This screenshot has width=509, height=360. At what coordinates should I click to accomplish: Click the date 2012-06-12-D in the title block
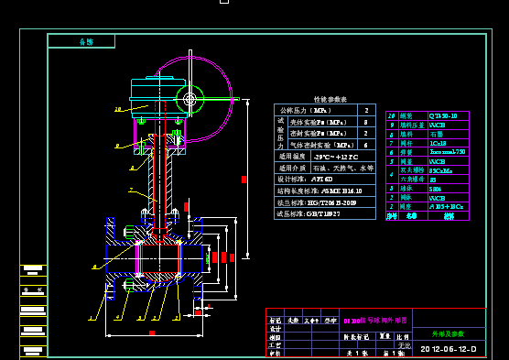pyautogui.click(x=449, y=349)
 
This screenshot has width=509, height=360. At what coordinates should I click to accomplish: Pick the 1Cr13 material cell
pyautogui.click(x=439, y=143)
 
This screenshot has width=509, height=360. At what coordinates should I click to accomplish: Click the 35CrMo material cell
pyautogui.click(x=440, y=170)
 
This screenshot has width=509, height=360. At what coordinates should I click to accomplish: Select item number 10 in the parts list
pyautogui.click(x=393, y=116)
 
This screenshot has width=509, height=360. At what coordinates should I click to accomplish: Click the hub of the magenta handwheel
pyautogui.click(x=190, y=97)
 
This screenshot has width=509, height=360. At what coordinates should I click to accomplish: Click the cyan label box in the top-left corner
pyautogui.click(x=81, y=41)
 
